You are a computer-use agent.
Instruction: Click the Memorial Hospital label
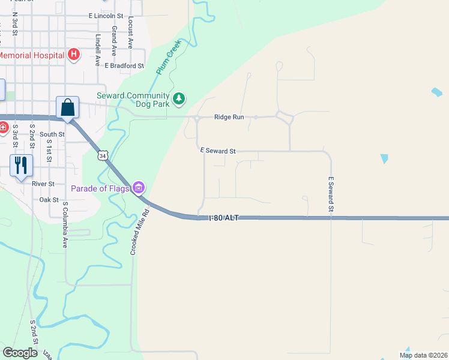(31, 55)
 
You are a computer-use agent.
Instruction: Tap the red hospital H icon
(73, 55)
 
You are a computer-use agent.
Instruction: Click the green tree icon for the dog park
(178, 98)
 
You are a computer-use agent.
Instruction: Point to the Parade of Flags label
(100, 188)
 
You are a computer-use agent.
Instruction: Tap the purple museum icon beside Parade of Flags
(139, 188)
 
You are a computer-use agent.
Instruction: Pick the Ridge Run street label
(229, 117)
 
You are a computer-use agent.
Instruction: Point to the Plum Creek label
(164, 62)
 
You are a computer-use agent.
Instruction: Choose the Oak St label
(49, 199)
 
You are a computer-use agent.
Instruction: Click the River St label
(43, 184)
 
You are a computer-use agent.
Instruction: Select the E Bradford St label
(124, 65)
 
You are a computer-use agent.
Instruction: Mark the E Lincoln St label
(105, 16)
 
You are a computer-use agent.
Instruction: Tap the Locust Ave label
(130, 33)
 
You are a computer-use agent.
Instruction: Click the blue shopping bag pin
(68, 108)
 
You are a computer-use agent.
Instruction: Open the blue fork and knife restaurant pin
(21, 165)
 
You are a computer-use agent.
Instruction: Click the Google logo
(20, 353)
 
